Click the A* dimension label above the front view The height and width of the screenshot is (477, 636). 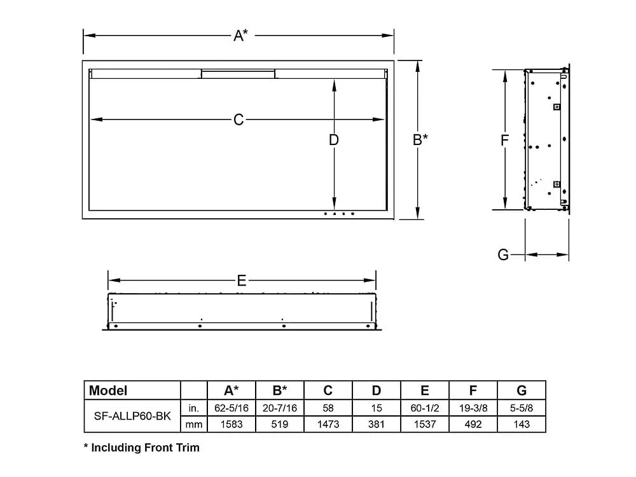[x=240, y=36]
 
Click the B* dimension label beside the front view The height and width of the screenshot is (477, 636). [x=420, y=140]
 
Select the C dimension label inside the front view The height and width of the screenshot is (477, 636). [x=238, y=120]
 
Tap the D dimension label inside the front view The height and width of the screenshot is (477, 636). [x=334, y=140]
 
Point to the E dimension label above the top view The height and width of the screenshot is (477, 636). [x=241, y=280]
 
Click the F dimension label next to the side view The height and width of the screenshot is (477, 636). [x=504, y=141]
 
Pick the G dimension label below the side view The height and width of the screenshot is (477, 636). [x=503, y=255]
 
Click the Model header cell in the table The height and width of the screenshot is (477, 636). [x=108, y=391]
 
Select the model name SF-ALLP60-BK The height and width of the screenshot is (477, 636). [x=132, y=415]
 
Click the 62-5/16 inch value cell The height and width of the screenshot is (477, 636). [x=232, y=407]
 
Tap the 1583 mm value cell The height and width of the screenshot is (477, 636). [x=232, y=424]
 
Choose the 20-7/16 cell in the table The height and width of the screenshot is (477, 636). [x=280, y=407]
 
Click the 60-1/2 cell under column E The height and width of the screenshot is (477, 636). [x=425, y=407]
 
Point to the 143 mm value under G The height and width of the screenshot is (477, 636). [x=522, y=424]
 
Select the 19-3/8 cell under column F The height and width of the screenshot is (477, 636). [x=473, y=407]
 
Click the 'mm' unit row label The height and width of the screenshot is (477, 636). [x=194, y=424]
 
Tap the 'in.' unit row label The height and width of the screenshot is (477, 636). [x=194, y=407]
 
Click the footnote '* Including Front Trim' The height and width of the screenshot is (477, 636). [x=142, y=448]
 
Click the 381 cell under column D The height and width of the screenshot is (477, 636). [x=377, y=424]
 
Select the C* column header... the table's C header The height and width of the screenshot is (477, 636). [x=328, y=391]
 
